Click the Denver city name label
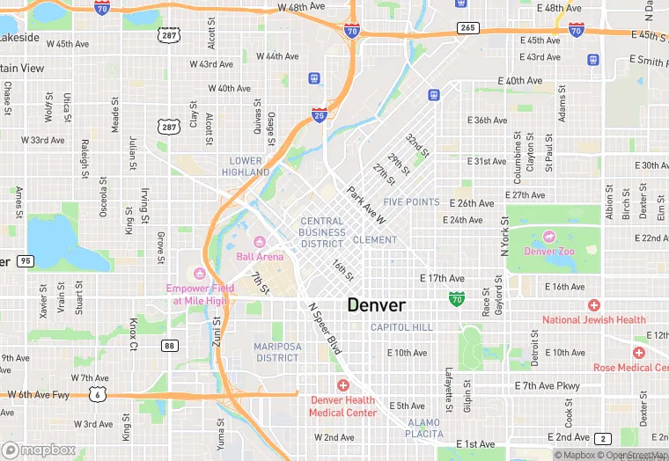(x=377, y=305)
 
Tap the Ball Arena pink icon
(x=260, y=242)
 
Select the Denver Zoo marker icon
(x=549, y=237)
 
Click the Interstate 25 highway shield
(x=320, y=114)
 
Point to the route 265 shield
(x=467, y=29)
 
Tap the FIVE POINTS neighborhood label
(x=411, y=202)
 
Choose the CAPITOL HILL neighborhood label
(x=401, y=327)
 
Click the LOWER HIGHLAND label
(x=246, y=166)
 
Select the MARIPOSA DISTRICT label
(x=277, y=352)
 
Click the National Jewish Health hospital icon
(x=594, y=305)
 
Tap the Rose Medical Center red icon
(x=638, y=352)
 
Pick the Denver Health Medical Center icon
(x=342, y=385)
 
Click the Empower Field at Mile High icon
(x=199, y=273)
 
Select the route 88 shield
(x=169, y=346)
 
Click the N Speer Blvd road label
(x=323, y=326)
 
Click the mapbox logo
(x=40, y=449)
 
